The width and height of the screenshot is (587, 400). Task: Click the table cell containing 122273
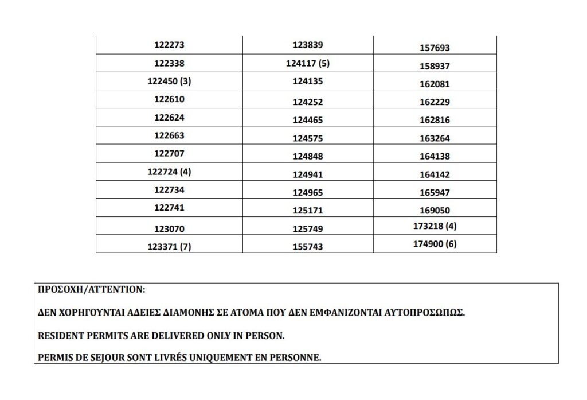(169, 45)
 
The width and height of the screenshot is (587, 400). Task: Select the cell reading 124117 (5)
(307, 63)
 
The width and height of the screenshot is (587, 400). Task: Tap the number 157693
(435, 48)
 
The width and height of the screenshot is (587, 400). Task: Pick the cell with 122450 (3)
(169, 81)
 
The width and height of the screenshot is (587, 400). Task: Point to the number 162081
(435, 84)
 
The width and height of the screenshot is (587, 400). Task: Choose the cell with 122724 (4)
(169, 172)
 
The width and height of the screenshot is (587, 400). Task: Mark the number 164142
(435, 174)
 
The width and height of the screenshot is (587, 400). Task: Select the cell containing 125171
(307, 210)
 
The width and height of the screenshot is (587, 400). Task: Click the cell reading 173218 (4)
(435, 226)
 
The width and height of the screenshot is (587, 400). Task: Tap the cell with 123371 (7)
(169, 247)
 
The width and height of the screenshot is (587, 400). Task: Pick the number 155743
(307, 247)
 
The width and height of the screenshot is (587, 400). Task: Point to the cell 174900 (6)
(435, 244)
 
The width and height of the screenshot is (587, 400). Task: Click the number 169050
(435, 211)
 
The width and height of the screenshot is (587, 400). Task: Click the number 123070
(169, 228)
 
